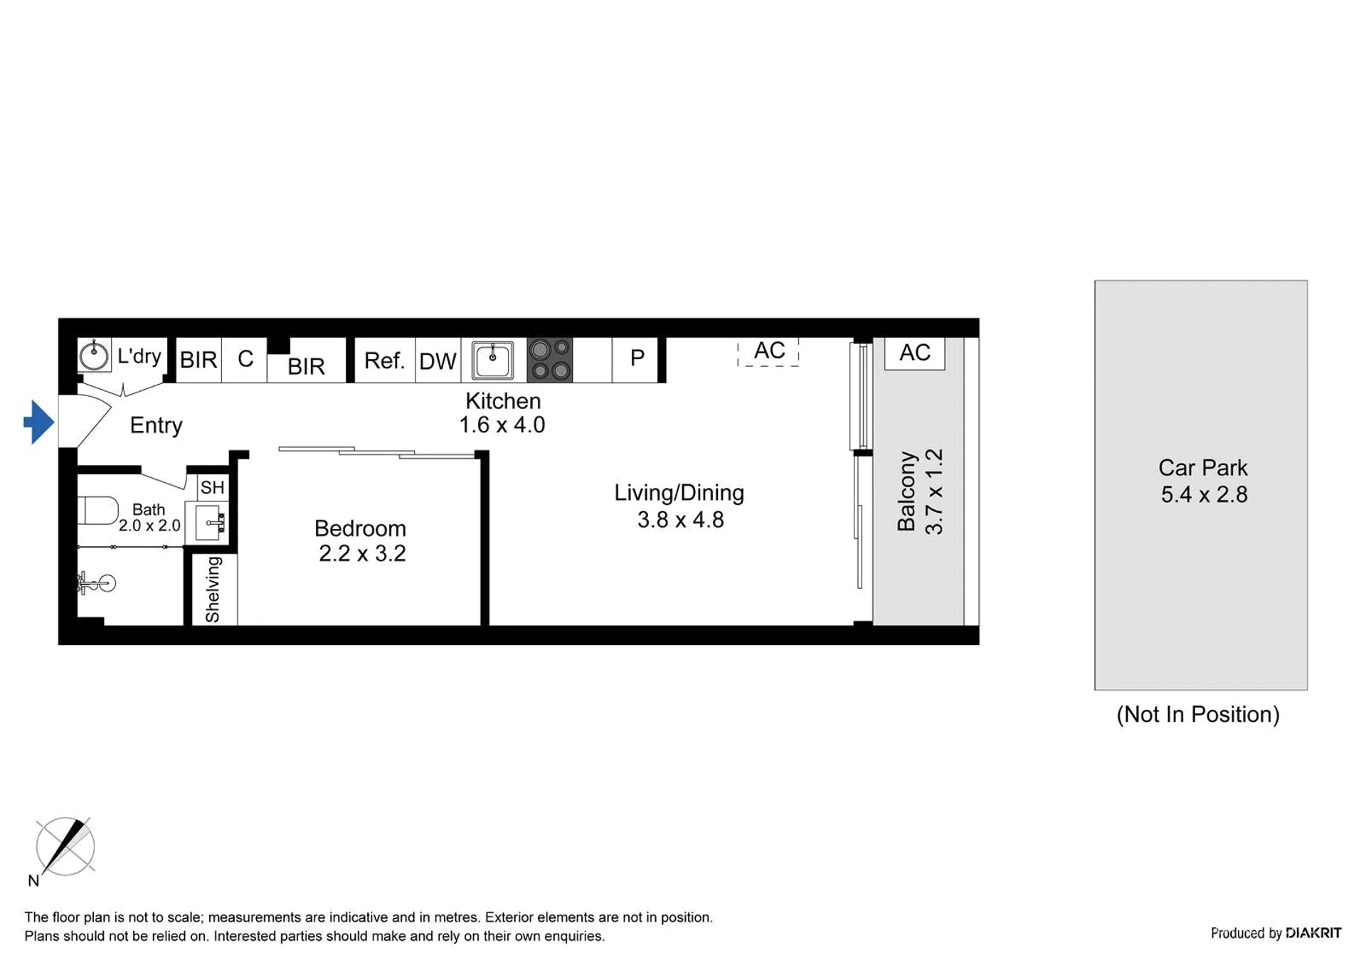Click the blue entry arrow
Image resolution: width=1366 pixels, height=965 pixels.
[39, 422]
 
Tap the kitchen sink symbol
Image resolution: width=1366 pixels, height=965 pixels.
[492, 360]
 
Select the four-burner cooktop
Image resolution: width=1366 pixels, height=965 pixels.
[549, 360]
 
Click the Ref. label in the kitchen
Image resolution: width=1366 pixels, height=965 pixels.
[384, 361]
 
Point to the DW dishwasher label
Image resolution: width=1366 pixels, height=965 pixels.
[438, 361]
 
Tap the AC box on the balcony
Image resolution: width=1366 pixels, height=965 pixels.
[914, 353]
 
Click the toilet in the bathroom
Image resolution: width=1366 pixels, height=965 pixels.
[98, 511]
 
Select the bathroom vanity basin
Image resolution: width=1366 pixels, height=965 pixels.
[211, 523]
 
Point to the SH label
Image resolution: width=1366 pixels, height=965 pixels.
[212, 488]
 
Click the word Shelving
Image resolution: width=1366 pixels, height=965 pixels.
[213, 590]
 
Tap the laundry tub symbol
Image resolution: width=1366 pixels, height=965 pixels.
[94, 355]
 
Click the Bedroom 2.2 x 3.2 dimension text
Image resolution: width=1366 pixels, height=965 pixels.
[362, 553]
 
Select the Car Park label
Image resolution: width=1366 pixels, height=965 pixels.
[1202, 467]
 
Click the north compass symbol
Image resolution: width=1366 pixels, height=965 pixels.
[65, 846]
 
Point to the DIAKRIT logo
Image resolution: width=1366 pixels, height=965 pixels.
[1313, 933]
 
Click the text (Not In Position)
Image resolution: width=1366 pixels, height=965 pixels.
[1198, 714]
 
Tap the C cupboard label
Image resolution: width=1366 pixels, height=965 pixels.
[245, 358]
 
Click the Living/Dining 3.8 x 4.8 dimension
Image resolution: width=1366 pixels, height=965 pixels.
[680, 520]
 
